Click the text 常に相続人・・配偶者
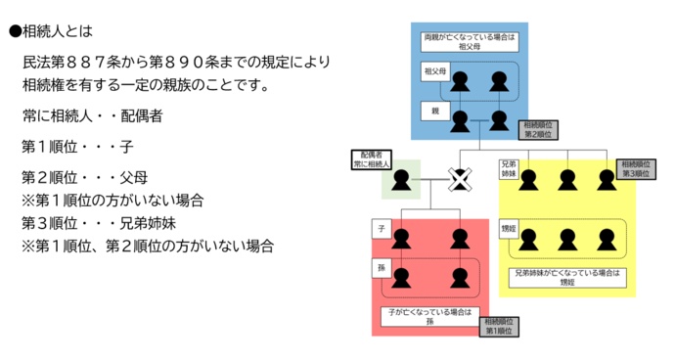coord(92,115)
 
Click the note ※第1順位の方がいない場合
coord(112,200)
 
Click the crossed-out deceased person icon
coord(460,179)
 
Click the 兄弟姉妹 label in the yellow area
coord(510,169)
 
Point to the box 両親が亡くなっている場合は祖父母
coord(469,40)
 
